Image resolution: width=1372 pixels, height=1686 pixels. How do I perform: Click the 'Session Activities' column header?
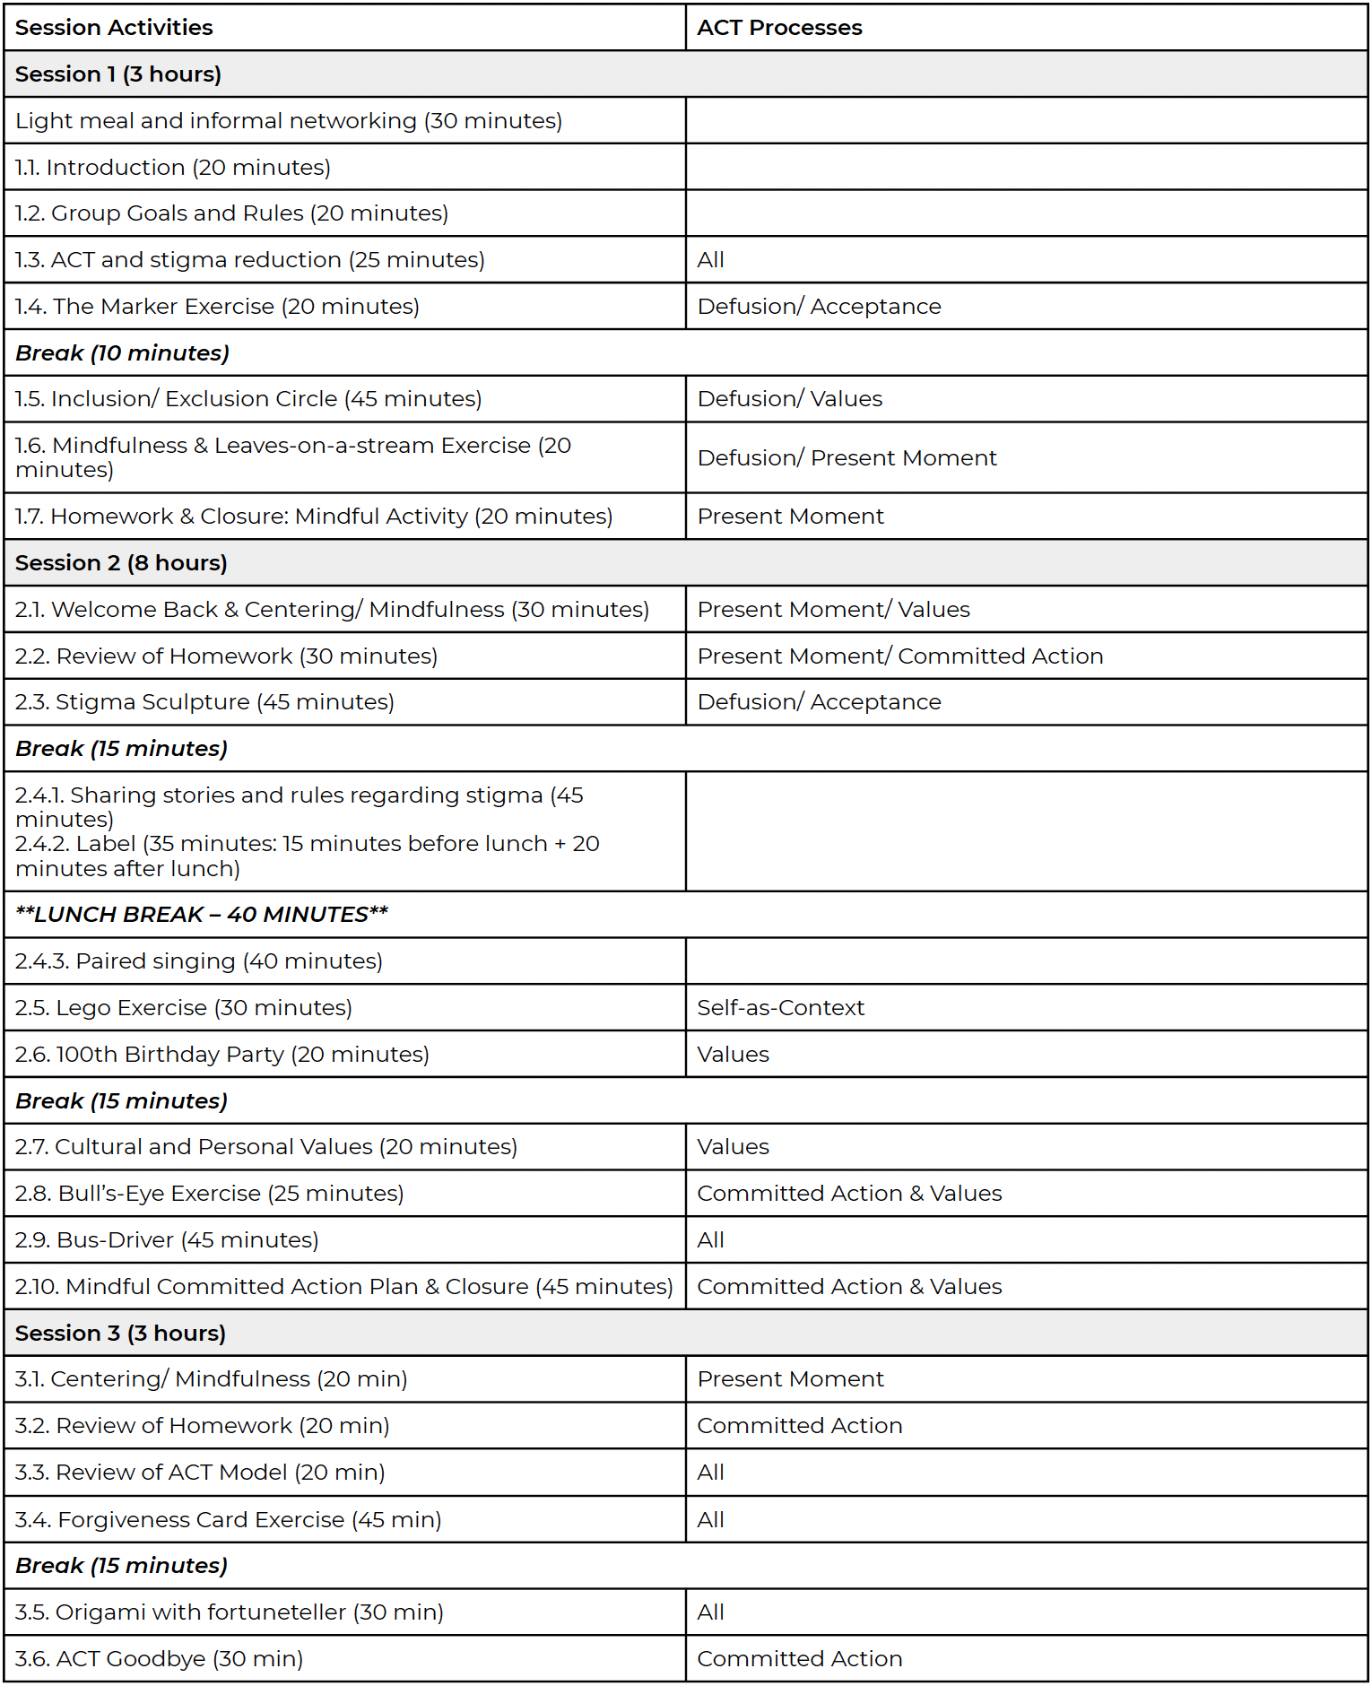click(114, 28)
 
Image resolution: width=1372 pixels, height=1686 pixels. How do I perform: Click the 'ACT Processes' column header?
click(779, 28)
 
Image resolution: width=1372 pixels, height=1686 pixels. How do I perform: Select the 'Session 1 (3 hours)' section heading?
click(118, 74)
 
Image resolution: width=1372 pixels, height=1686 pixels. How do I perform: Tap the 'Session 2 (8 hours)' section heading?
click(121, 563)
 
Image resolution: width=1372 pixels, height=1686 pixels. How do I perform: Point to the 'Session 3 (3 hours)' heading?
click(120, 1334)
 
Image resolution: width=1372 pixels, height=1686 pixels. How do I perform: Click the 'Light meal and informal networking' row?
click(289, 121)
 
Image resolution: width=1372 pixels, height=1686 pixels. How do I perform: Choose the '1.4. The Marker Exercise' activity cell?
click(217, 307)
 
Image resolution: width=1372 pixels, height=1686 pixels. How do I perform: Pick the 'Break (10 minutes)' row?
click(123, 353)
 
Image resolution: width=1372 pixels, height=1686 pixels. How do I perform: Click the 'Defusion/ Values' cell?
click(789, 399)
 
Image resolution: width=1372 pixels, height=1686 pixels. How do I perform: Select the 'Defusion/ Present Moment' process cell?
click(847, 458)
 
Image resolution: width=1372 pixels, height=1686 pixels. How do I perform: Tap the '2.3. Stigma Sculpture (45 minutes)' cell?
click(204, 702)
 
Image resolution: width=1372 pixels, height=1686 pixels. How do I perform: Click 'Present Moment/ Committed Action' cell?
click(899, 656)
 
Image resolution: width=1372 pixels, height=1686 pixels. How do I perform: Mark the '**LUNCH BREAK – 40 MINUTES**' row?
click(202, 915)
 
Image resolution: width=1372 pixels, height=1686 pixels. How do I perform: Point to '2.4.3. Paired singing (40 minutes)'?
click(199, 961)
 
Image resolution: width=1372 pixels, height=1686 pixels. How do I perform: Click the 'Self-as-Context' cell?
click(780, 1008)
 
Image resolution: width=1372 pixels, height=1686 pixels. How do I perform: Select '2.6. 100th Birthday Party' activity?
click(222, 1055)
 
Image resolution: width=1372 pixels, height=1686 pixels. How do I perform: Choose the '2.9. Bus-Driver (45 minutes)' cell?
click(167, 1240)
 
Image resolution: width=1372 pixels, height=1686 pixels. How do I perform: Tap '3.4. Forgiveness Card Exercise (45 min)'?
click(229, 1520)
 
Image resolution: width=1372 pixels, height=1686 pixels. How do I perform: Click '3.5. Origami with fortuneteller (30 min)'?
click(230, 1612)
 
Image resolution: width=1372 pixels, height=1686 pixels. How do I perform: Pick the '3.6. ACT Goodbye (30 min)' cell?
click(160, 1659)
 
